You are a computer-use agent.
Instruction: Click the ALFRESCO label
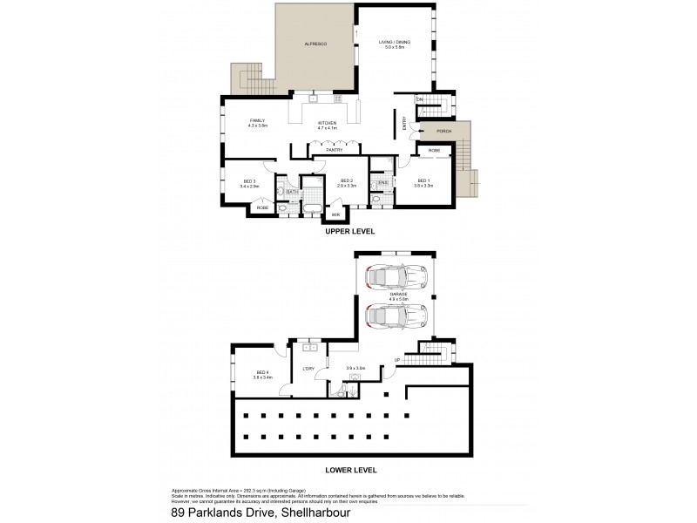tap(315, 44)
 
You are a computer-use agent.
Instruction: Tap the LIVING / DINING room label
tap(394, 42)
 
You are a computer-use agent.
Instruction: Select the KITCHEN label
tap(327, 124)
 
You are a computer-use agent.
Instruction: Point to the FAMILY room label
tap(257, 121)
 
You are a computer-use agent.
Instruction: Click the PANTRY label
tap(333, 150)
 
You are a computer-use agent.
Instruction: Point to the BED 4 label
tap(262, 372)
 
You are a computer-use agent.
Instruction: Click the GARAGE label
tap(398, 295)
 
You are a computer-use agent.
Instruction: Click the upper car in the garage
tap(396, 277)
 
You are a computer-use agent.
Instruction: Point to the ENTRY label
tap(405, 125)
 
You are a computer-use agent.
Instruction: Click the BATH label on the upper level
tap(292, 192)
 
